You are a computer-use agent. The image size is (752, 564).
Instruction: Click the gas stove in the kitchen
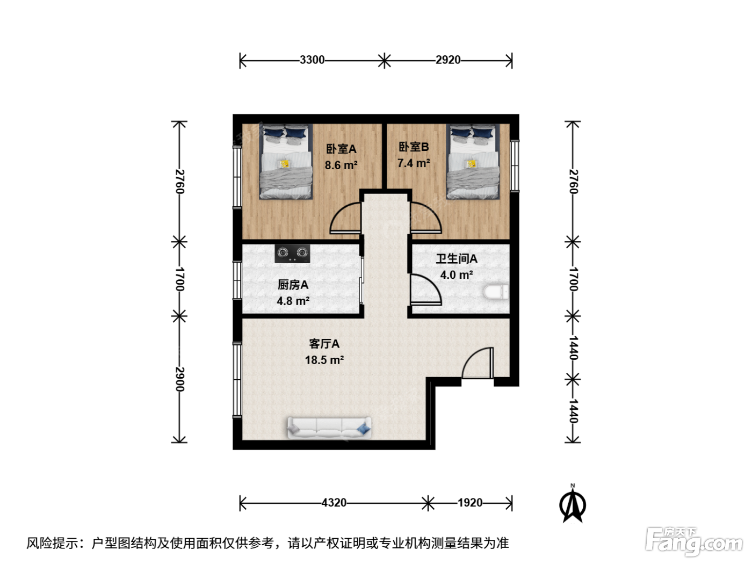(x=292, y=254)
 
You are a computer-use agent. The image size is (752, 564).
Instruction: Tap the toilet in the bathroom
(x=496, y=292)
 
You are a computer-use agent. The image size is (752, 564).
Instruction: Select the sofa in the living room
(x=329, y=428)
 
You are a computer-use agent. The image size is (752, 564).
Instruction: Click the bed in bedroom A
(x=286, y=162)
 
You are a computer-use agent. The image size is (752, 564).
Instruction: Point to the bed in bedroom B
(x=473, y=162)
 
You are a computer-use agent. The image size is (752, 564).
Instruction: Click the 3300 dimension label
(x=312, y=60)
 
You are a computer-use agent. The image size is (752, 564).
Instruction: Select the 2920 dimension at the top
(x=448, y=60)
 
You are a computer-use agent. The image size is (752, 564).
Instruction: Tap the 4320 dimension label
(x=334, y=503)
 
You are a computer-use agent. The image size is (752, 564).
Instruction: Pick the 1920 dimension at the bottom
(x=469, y=503)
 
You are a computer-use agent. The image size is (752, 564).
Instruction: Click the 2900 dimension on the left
(x=179, y=379)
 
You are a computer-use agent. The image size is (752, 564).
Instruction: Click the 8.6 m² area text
(x=341, y=165)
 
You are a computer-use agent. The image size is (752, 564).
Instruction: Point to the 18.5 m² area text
(x=324, y=360)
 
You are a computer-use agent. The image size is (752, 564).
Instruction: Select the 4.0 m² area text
(x=457, y=275)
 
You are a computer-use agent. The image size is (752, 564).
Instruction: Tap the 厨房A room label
(x=293, y=285)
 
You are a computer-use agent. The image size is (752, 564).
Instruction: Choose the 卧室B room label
(x=414, y=147)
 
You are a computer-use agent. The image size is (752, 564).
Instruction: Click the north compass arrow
(x=573, y=504)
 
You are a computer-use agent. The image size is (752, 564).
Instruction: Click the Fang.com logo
(x=694, y=542)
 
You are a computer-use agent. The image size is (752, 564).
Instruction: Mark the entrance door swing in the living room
(x=478, y=363)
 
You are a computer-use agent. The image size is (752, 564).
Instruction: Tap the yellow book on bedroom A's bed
(x=284, y=164)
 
